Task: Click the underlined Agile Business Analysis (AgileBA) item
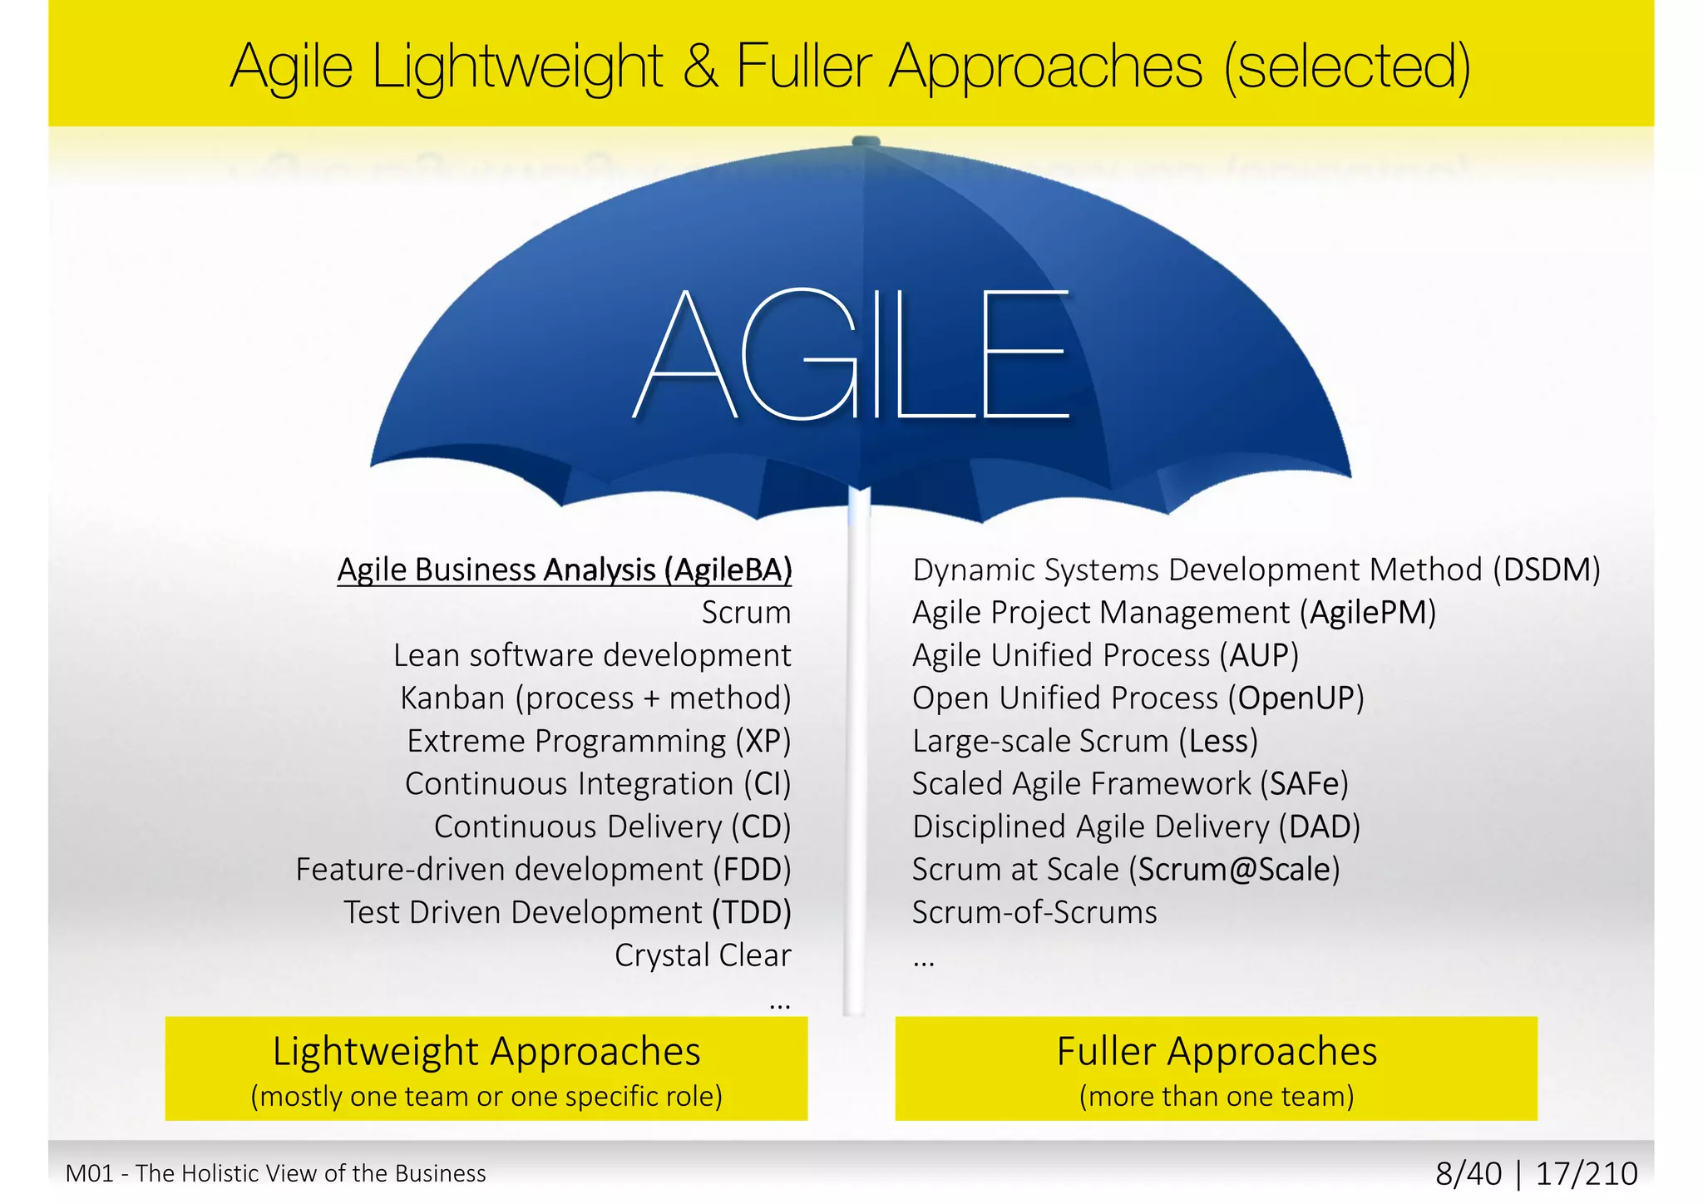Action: click(x=564, y=570)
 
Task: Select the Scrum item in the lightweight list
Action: click(x=746, y=613)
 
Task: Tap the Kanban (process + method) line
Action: click(x=595, y=698)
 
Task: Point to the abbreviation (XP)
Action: click(x=763, y=741)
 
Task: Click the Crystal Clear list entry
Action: click(x=703, y=955)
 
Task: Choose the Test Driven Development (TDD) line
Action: click(x=567, y=913)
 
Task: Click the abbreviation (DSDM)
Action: click(x=1546, y=570)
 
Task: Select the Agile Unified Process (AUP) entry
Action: click(x=1105, y=656)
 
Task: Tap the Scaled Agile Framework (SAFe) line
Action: click(x=1130, y=784)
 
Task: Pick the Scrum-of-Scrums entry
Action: click(x=1034, y=913)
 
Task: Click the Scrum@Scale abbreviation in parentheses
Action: click(x=1235, y=870)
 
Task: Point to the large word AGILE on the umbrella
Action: click(x=851, y=355)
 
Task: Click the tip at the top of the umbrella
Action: click(x=866, y=141)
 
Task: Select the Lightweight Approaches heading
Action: click(x=486, y=1052)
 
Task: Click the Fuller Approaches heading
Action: click(x=1217, y=1052)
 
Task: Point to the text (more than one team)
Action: click(x=1217, y=1097)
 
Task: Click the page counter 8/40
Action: click(x=1469, y=1174)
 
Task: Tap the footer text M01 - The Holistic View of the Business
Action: click(x=276, y=1174)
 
